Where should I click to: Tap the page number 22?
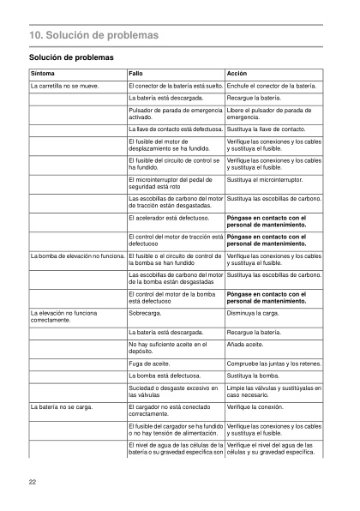coord(32,483)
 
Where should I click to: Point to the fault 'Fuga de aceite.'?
coord(151,364)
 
